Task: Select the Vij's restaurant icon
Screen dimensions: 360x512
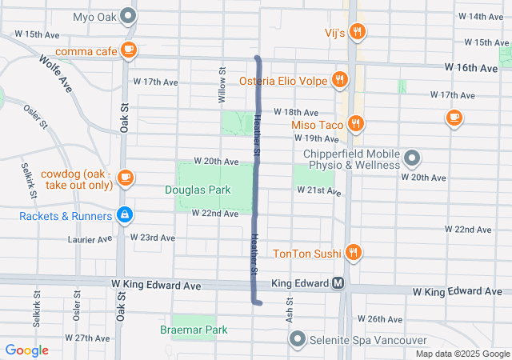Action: point(357,33)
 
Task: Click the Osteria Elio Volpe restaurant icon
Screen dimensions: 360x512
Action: point(341,80)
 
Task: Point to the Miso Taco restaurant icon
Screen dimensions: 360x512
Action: point(356,123)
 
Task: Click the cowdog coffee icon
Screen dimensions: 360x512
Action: point(125,177)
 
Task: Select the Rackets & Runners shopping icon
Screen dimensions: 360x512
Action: point(124,215)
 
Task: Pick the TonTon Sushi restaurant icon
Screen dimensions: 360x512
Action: point(353,254)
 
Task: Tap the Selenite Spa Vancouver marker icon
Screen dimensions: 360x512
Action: point(298,339)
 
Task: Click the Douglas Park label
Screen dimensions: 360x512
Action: point(198,190)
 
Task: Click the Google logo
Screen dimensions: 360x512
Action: point(27,350)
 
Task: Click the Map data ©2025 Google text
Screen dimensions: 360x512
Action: point(462,354)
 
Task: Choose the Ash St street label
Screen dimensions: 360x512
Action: point(290,305)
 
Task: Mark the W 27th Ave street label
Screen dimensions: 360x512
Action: point(88,338)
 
